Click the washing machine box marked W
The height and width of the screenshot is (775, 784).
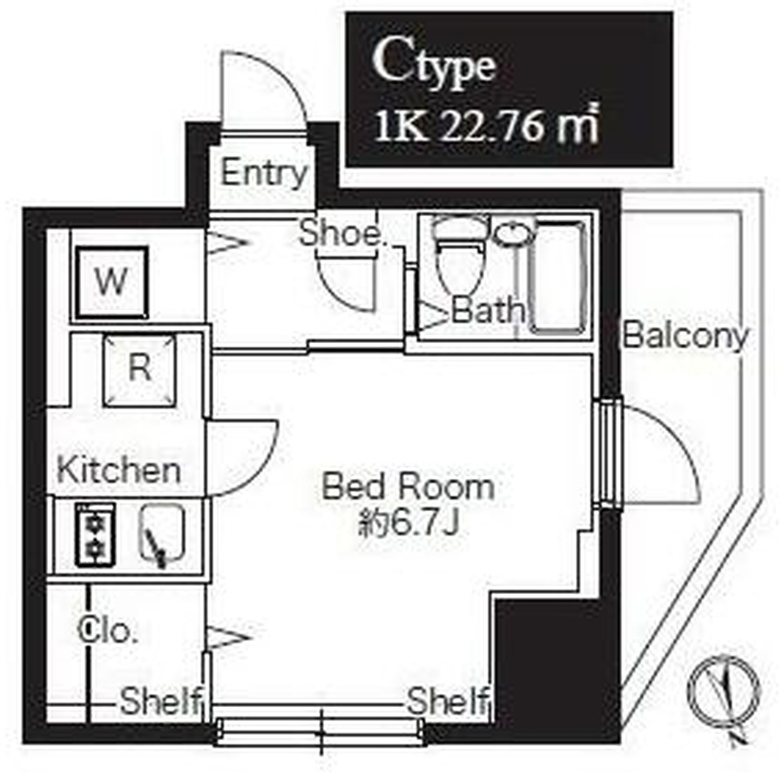(x=112, y=282)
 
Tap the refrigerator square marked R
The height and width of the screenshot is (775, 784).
(x=139, y=369)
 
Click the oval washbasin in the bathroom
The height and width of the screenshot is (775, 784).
(x=514, y=232)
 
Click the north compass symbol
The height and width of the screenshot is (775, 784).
(x=724, y=693)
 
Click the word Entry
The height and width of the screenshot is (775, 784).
(x=263, y=173)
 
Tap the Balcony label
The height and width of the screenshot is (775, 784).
(x=686, y=336)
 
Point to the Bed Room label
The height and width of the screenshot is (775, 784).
(x=409, y=486)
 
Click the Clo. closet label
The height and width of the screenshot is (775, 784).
(x=107, y=630)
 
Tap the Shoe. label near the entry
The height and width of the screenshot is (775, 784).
(x=343, y=232)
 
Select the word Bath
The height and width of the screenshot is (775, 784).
(x=488, y=310)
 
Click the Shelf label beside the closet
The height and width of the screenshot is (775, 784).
(x=161, y=701)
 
